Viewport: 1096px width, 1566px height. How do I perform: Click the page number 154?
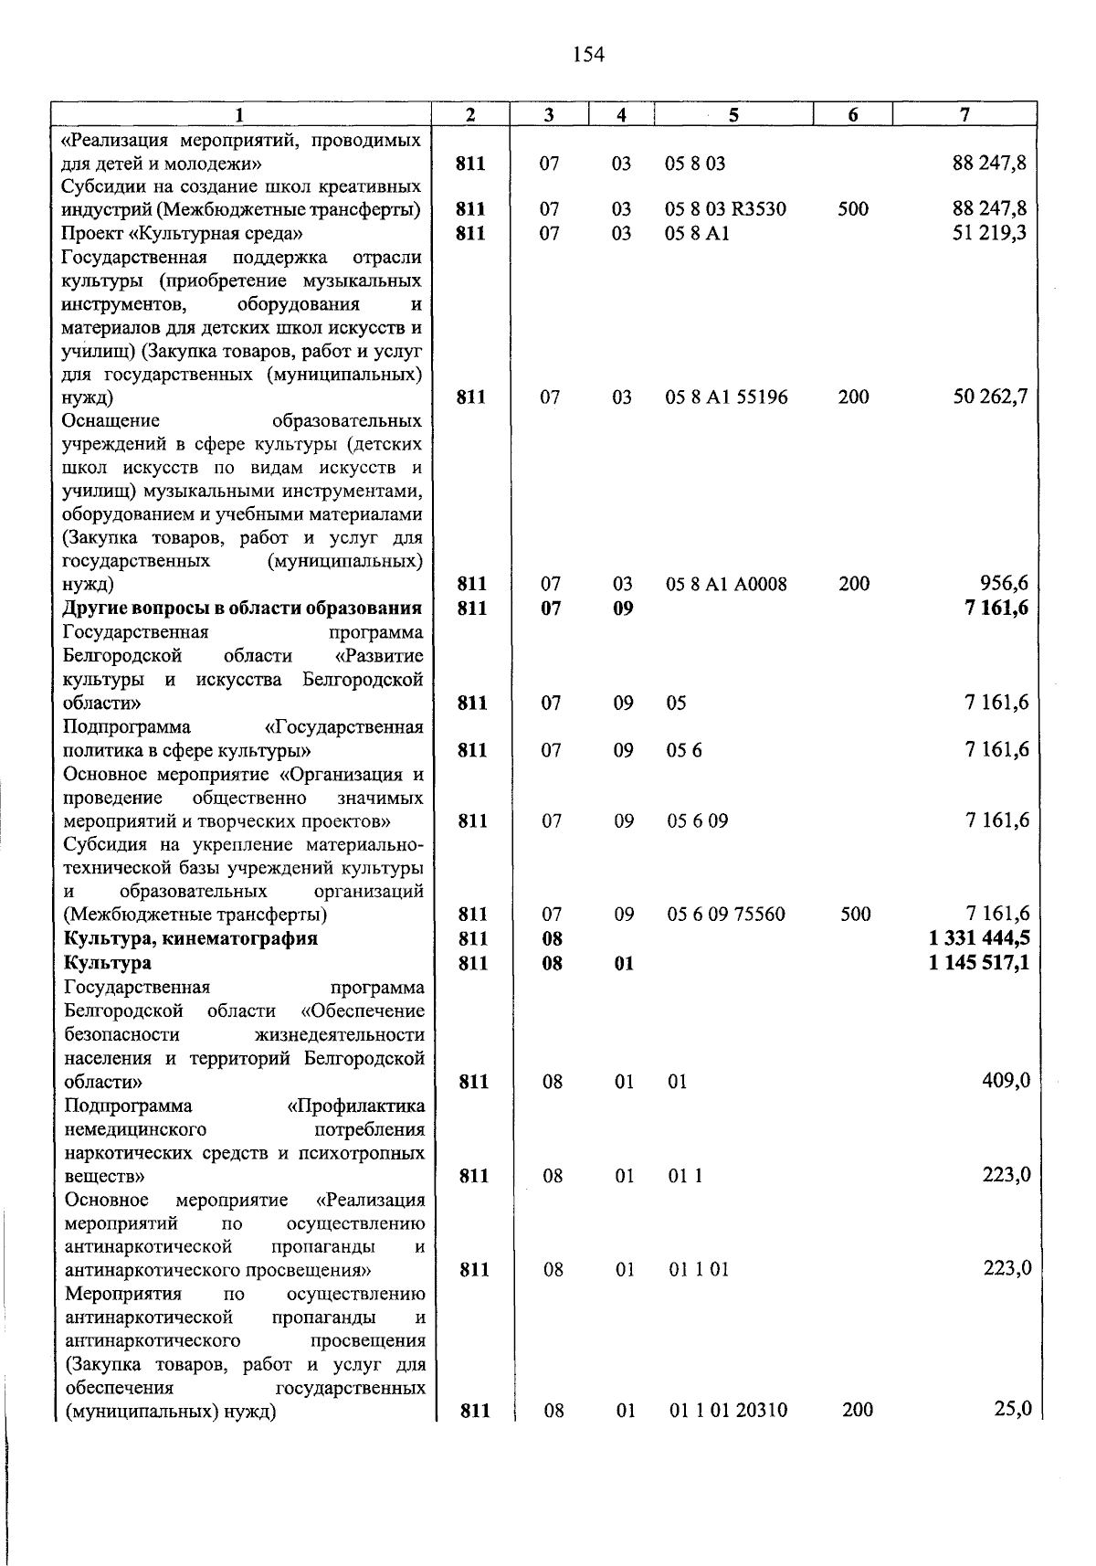coord(588,56)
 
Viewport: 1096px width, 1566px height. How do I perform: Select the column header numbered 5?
coord(733,114)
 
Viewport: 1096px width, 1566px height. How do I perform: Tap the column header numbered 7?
coord(964,114)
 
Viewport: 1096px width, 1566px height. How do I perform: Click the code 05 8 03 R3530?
coord(726,209)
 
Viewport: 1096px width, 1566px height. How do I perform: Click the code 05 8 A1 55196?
coord(727,397)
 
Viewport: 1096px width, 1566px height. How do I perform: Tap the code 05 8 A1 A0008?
coord(727,584)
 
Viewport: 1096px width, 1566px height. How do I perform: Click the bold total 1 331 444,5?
coord(979,938)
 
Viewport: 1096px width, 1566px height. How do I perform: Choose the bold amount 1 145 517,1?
coord(979,962)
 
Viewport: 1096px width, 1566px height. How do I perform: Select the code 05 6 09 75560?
coord(726,914)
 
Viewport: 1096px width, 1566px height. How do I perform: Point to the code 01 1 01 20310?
coord(729,1410)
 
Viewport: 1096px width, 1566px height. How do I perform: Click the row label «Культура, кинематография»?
coord(191,938)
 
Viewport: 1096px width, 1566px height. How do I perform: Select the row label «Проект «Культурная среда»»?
coord(182,233)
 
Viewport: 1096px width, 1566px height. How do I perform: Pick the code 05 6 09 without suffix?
coord(698,820)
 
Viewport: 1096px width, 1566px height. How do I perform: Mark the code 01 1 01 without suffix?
coord(699,1269)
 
